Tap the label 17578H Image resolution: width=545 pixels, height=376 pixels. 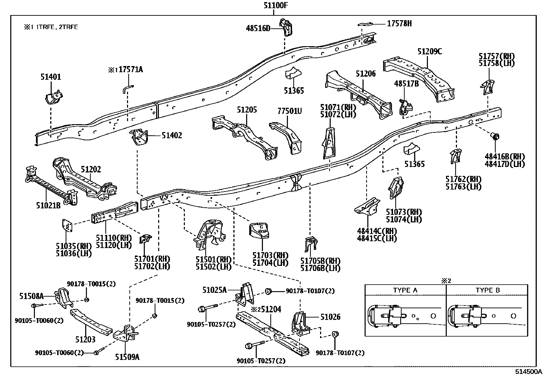(399, 23)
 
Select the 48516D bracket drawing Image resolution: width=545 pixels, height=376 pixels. (286, 27)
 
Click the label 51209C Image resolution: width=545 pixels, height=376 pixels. (429, 52)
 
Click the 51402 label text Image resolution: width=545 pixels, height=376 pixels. (172, 135)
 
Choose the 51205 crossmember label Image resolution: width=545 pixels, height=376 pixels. (247, 110)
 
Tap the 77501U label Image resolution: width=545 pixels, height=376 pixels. (289, 111)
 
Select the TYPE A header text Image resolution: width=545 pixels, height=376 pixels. (405, 290)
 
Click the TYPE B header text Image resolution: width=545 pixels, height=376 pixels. (487, 290)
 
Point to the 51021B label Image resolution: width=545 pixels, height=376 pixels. (48, 205)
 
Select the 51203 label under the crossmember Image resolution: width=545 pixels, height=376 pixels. (85, 339)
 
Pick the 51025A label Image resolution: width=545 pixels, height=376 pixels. (214, 290)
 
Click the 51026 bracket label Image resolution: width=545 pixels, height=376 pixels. (330, 317)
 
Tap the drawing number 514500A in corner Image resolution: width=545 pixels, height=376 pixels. (529, 372)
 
